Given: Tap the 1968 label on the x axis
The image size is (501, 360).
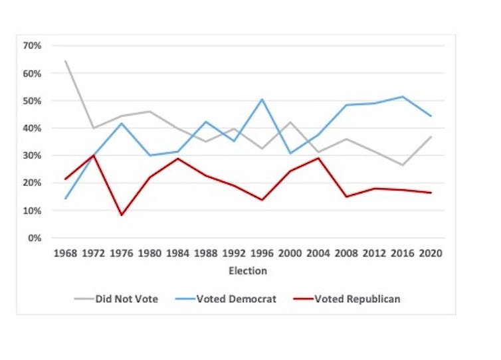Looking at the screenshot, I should tap(65, 254).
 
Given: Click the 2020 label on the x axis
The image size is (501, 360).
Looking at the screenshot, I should tap(431, 254).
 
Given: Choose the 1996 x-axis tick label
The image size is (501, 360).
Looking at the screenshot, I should tap(262, 254).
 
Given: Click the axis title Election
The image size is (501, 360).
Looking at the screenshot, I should tap(247, 271).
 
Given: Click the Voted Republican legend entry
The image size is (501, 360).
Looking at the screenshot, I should tap(348, 299).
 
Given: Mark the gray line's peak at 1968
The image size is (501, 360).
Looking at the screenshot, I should tap(65, 61).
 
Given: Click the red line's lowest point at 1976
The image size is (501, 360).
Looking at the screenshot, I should tap(122, 215).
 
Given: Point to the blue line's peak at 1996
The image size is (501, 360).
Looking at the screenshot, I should tap(262, 99).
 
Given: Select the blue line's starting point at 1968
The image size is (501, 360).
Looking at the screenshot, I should tap(65, 199).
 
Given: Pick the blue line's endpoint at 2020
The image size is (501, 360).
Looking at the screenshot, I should tap(431, 116).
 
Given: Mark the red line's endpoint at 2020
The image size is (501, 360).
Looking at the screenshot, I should tap(431, 193).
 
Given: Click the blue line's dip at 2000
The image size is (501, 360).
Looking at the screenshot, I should tap(290, 153).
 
